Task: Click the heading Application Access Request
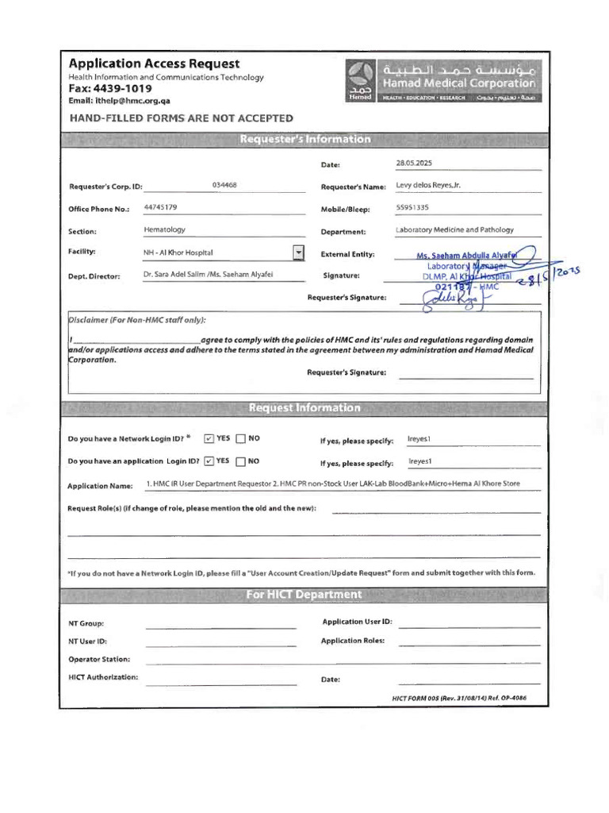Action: click(154, 64)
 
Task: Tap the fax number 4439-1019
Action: click(121, 89)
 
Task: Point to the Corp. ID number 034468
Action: click(224, 185)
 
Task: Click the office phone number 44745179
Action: click(160, 207)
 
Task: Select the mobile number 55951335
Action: click(412, 207)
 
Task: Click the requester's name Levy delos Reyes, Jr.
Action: click(427, 186)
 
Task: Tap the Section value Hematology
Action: click(164, 229)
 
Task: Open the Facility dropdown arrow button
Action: click(298, 252)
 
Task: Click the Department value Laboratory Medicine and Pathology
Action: click(454, 229)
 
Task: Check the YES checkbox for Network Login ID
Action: click(209, 438)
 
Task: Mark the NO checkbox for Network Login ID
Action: click(241, 438)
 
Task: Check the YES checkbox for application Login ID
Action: click(209, 460)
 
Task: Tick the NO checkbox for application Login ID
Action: click(241, 460)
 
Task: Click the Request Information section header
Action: click(304, 408)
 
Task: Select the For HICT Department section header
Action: click(304, 595)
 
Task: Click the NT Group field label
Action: click(86, 624)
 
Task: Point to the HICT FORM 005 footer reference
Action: click(459, 698)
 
